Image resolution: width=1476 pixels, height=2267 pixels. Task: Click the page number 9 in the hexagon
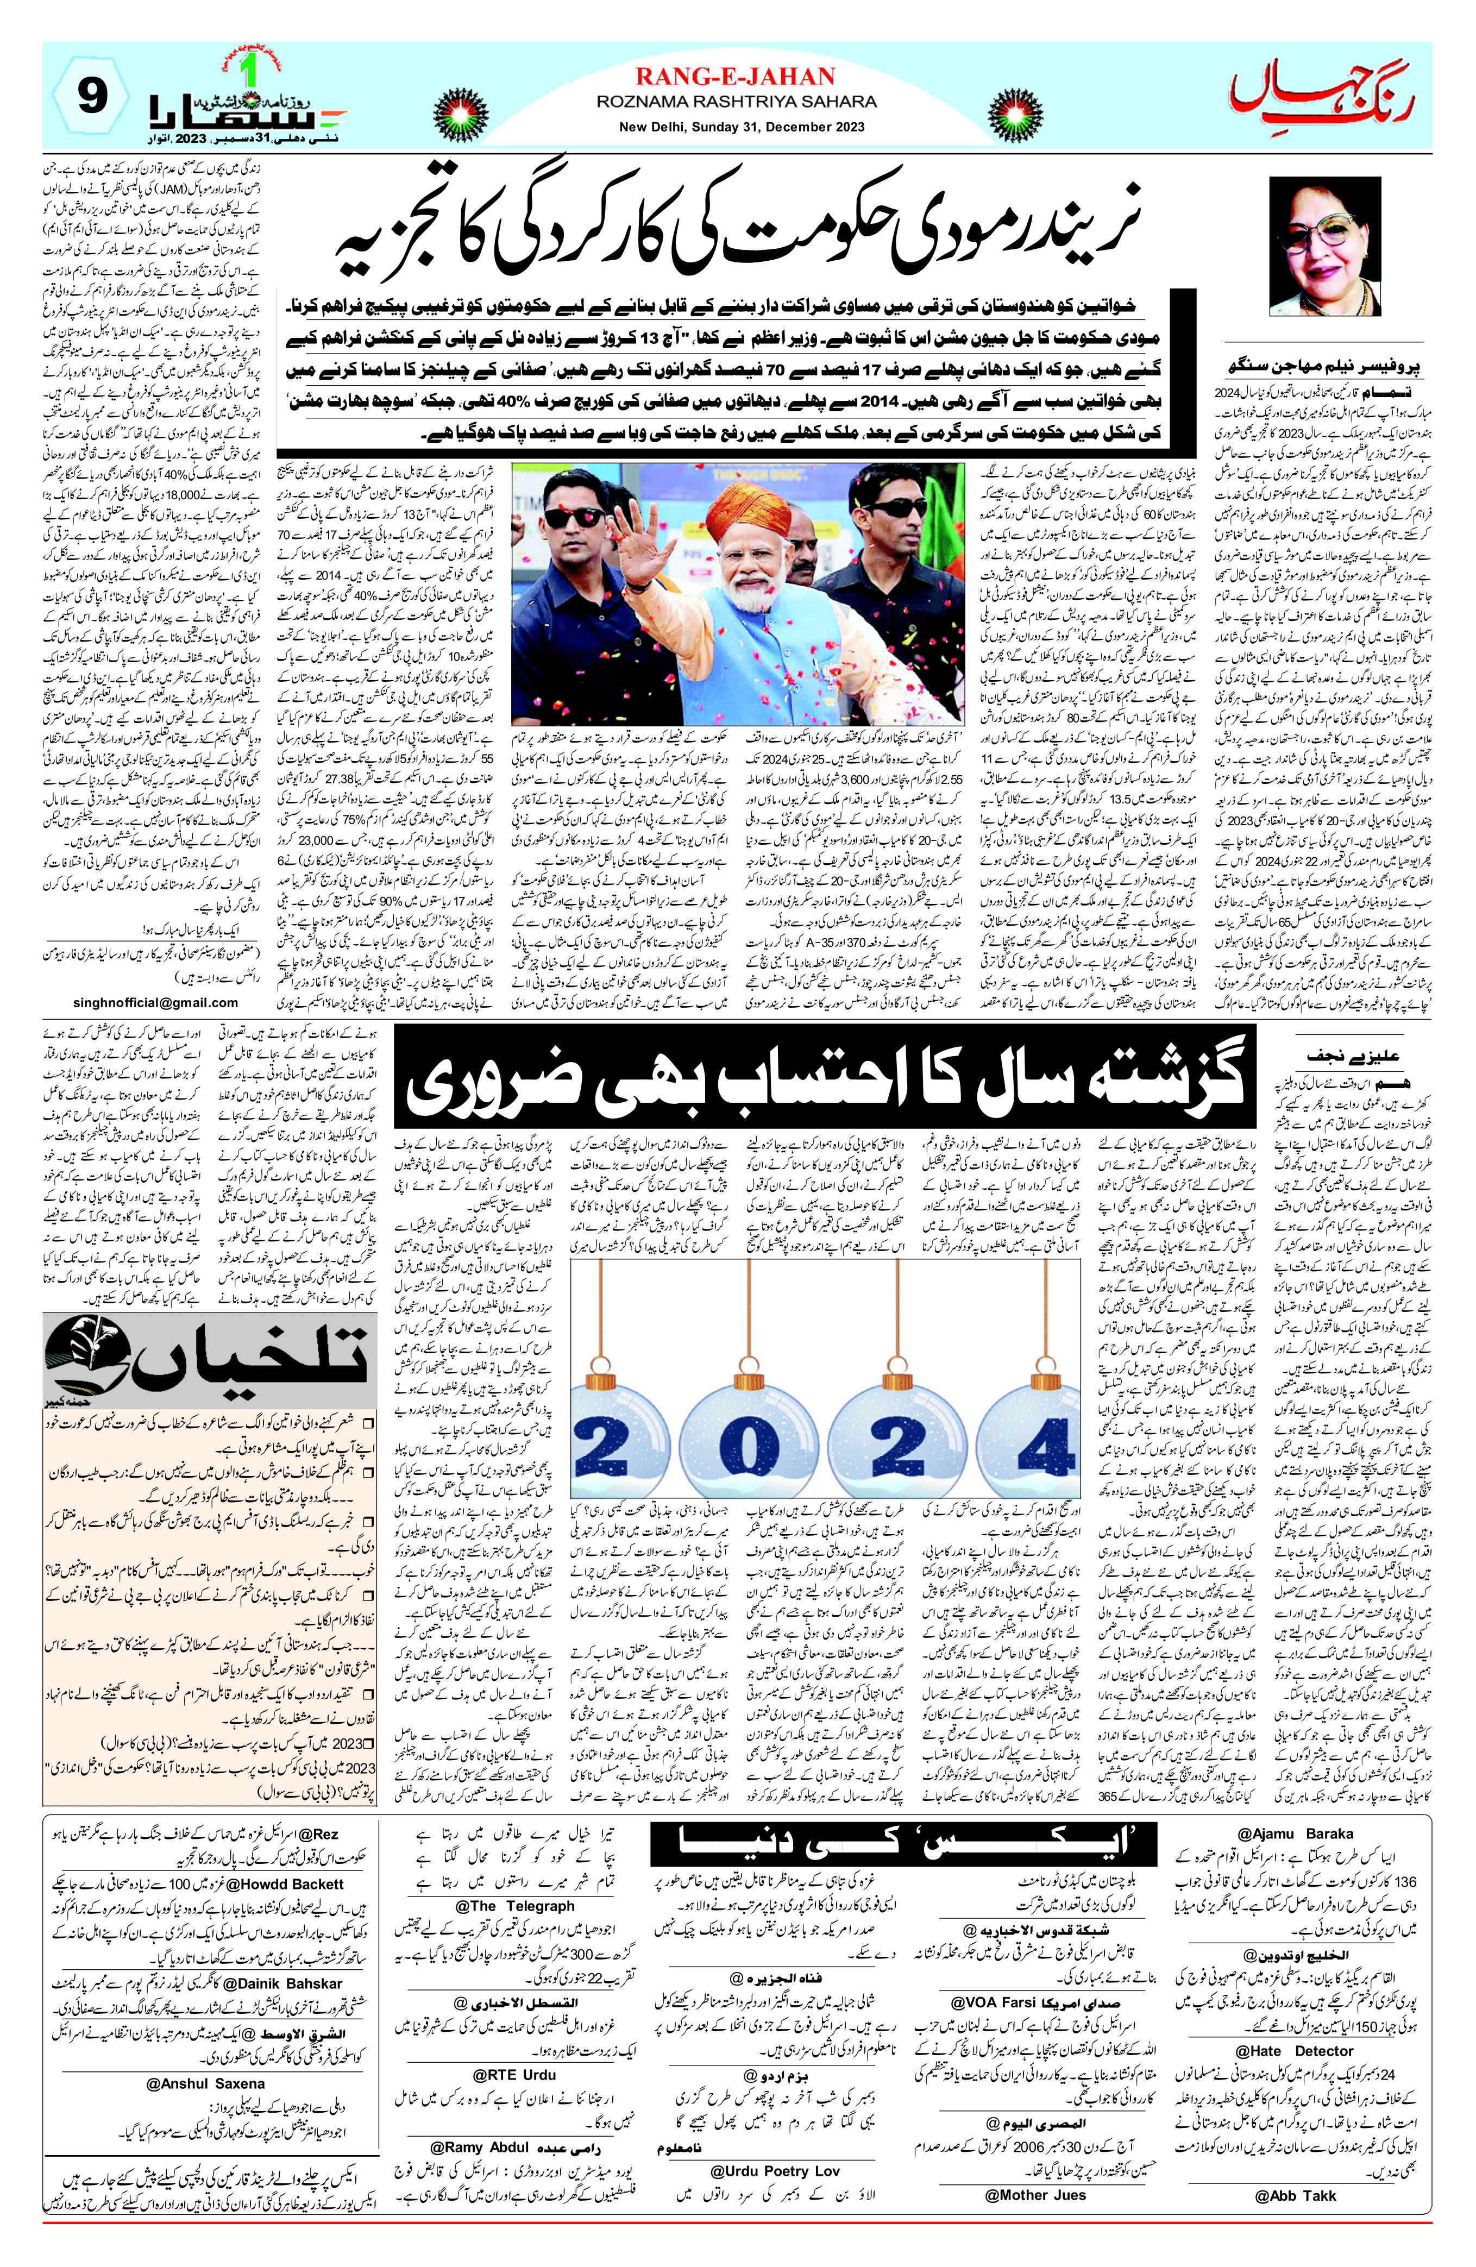(91, 99)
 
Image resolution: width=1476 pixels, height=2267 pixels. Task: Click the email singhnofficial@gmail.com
(155, 1002)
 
